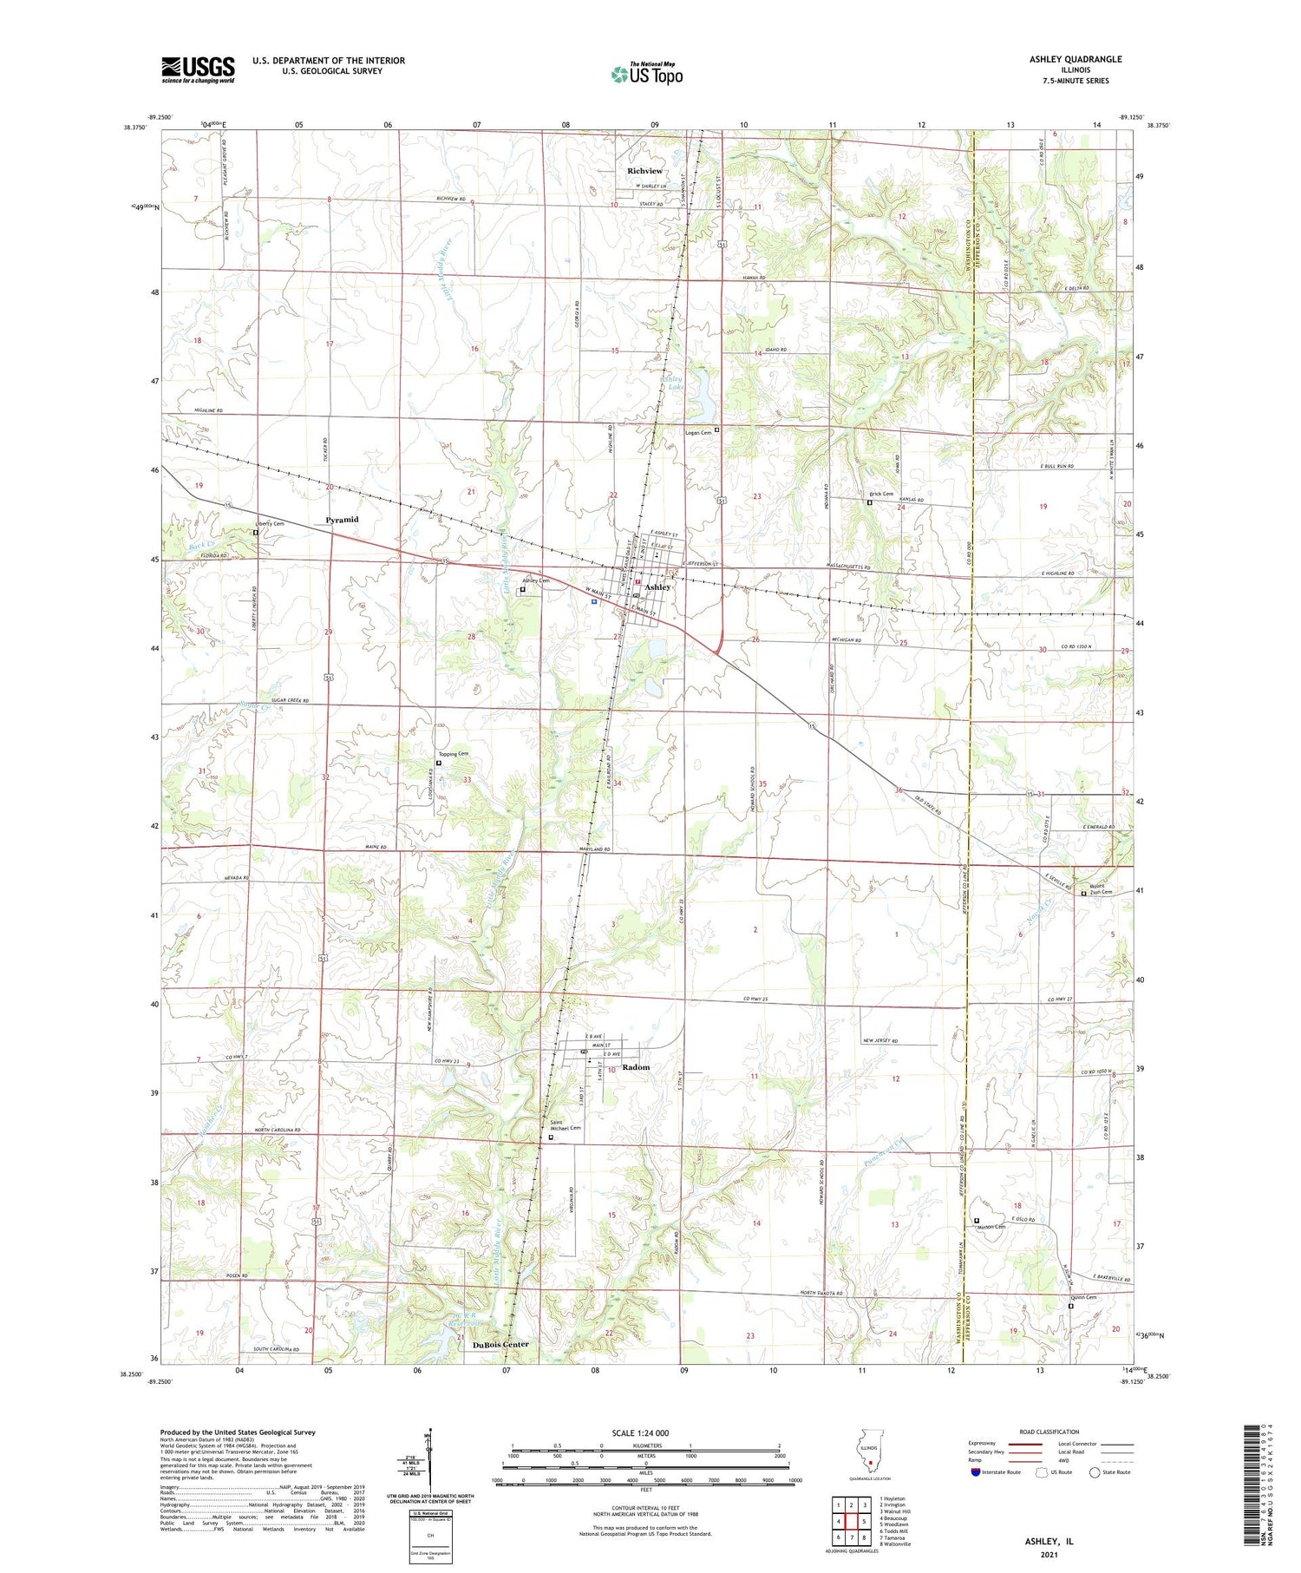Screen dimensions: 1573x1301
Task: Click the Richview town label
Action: (644, 171)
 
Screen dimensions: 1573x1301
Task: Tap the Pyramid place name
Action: (342, 520)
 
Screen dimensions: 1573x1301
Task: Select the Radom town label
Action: (636, 1067)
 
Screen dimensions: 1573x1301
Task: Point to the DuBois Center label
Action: (500, 1344)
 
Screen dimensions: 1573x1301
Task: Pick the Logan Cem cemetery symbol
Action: (716, 429)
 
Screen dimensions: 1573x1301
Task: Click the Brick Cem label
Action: (881, 494)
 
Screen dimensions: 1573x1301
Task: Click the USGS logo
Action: (198, 69)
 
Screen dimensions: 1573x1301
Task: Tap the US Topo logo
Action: (647, 74)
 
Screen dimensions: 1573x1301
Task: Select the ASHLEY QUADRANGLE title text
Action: (1075, 59)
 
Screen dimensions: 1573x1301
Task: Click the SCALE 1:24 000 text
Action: (644, 1432)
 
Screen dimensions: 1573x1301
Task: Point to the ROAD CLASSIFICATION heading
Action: (1049, 1432)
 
